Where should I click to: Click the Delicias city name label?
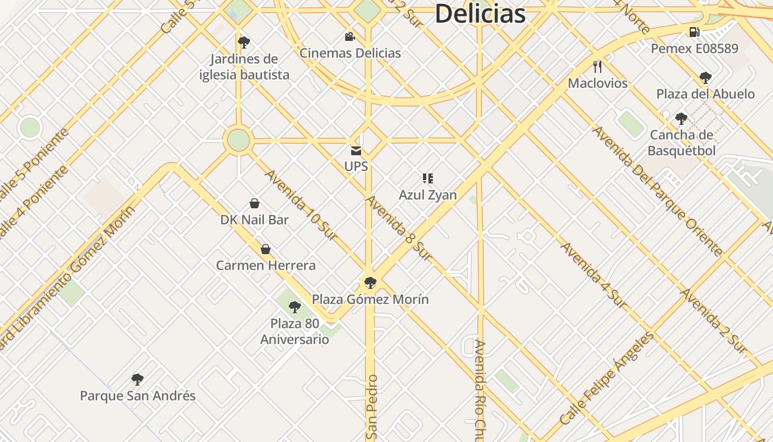pos(480,13)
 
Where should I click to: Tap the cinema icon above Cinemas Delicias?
pos(350,37)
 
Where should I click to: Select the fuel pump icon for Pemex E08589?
pos(694,32)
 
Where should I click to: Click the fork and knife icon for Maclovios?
pos(597,67)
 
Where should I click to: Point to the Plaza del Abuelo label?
pos(705,94)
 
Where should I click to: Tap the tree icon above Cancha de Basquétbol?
pos(681,118)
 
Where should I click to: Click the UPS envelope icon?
pos(356,150)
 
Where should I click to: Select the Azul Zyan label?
pos(428,195)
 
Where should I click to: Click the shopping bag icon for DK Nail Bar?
pos(255,203)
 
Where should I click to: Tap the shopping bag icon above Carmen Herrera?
pos(266,249)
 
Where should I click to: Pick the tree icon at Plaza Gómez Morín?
pos(370,283)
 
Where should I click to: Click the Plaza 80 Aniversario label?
pos(295,331)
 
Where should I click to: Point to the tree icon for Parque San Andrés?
pos(137,380)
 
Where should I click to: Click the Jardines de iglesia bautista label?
pos(244,67)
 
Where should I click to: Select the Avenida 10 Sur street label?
pos(301,205)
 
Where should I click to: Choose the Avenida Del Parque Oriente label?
pos(657,191)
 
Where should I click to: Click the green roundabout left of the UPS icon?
pos(239,140)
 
